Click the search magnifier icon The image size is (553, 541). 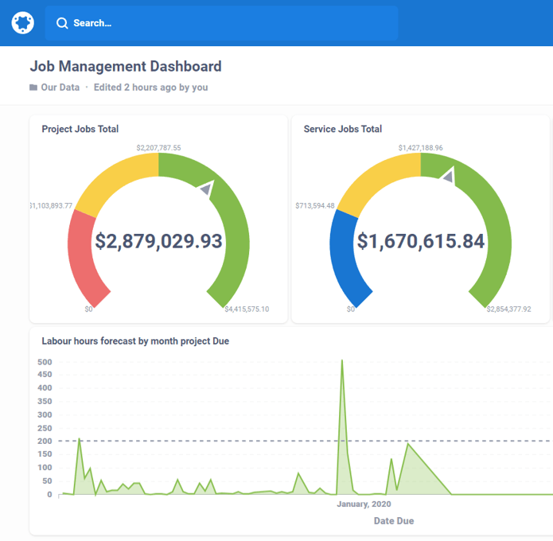[62, 23]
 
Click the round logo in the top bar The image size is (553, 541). [23, 23]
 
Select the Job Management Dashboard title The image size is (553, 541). [126, 66]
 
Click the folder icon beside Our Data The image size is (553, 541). [33, 88]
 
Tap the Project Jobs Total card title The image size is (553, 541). [80, 129]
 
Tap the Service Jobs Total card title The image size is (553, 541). [343, 129]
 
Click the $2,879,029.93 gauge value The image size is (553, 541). [158, 241]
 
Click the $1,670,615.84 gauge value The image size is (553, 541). [421, 241]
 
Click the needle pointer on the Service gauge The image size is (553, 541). [448, 176]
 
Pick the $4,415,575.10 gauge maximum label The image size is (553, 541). [247, 309]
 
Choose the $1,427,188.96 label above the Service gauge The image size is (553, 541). [421, 148]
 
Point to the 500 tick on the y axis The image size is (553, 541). [45, 362]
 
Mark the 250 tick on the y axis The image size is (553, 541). [45, 428]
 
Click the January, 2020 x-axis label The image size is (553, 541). [364, 504]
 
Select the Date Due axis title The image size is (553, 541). [394, 521]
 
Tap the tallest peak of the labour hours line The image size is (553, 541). [341, 360]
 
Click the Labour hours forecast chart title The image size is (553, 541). [135, 341]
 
